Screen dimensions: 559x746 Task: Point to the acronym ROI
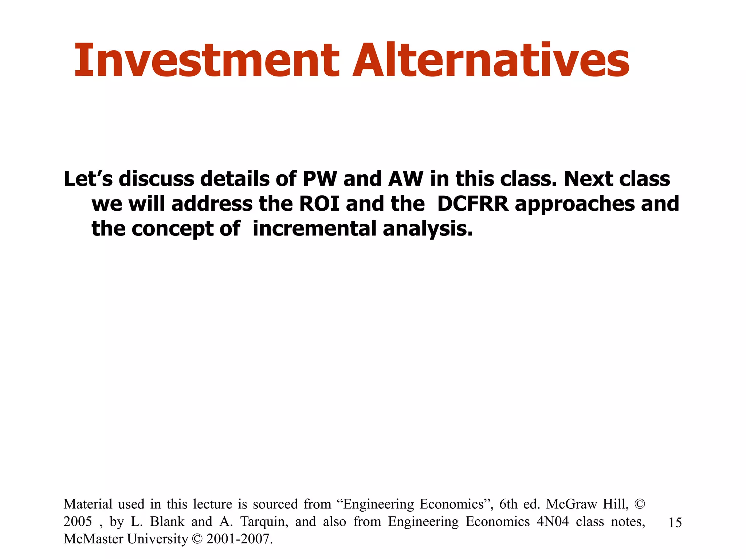(319, 203)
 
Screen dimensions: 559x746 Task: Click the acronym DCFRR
(473, 203)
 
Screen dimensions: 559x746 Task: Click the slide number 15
(675, 523)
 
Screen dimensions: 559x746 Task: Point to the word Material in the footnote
(88, 504)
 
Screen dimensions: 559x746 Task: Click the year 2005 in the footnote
(78, 522)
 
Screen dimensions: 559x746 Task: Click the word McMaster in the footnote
(93, 539)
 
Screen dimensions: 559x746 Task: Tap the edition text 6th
(508, 504)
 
